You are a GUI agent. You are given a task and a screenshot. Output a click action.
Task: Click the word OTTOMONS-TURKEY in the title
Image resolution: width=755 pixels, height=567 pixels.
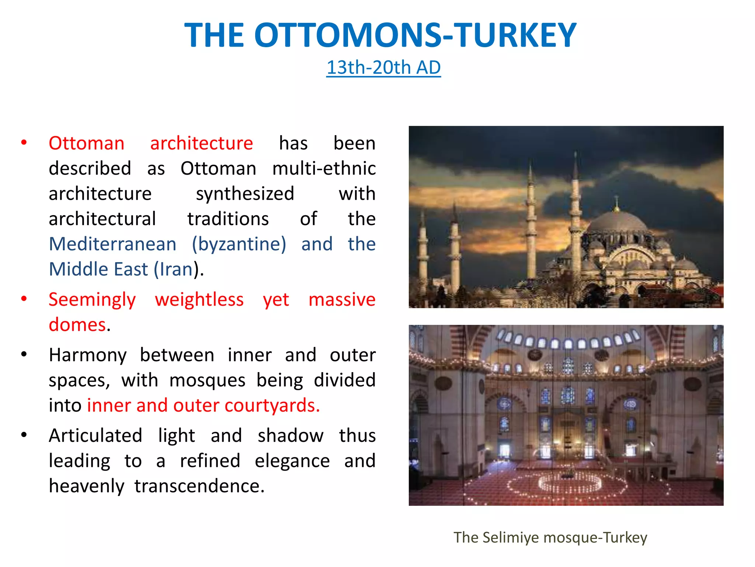(415, 35)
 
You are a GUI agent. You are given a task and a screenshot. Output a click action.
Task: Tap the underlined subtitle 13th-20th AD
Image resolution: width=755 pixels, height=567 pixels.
(383, 68)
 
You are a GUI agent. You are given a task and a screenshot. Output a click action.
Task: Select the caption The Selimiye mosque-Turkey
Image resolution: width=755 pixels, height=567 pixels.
(550, 537)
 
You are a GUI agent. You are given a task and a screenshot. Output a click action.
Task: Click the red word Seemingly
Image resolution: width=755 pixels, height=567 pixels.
(92, 300)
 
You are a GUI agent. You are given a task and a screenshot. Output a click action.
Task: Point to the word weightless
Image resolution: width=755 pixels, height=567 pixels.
(199, 299)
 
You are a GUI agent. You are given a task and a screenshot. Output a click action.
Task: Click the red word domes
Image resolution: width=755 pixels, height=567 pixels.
(77, 325)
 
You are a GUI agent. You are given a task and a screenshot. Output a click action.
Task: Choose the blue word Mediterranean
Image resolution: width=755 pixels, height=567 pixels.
(113, 244)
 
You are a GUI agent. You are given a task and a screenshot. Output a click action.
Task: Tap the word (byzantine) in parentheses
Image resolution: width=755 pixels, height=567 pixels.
(239, 244)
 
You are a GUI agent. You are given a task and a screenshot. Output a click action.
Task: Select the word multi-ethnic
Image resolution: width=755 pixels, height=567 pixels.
(324, 168)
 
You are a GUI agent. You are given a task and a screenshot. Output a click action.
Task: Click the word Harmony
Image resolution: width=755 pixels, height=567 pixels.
(88, 355)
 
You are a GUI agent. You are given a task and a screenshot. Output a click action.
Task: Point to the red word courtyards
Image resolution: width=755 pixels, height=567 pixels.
(272, 406)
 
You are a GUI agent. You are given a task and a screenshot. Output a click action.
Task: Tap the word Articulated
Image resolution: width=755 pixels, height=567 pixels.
(95, 436)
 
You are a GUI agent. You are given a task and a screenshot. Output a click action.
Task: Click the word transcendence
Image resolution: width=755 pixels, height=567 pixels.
(199, 486)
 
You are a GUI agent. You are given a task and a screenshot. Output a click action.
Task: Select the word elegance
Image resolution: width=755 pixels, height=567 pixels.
(292, 461)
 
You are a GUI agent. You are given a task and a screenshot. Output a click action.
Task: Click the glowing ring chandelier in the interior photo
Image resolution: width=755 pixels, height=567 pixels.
(570, 482)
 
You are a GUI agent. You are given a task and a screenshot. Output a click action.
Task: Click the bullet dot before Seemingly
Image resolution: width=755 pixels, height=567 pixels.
(24, 298)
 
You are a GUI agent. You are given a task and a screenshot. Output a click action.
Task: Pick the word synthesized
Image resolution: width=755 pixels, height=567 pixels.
(245, 194)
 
